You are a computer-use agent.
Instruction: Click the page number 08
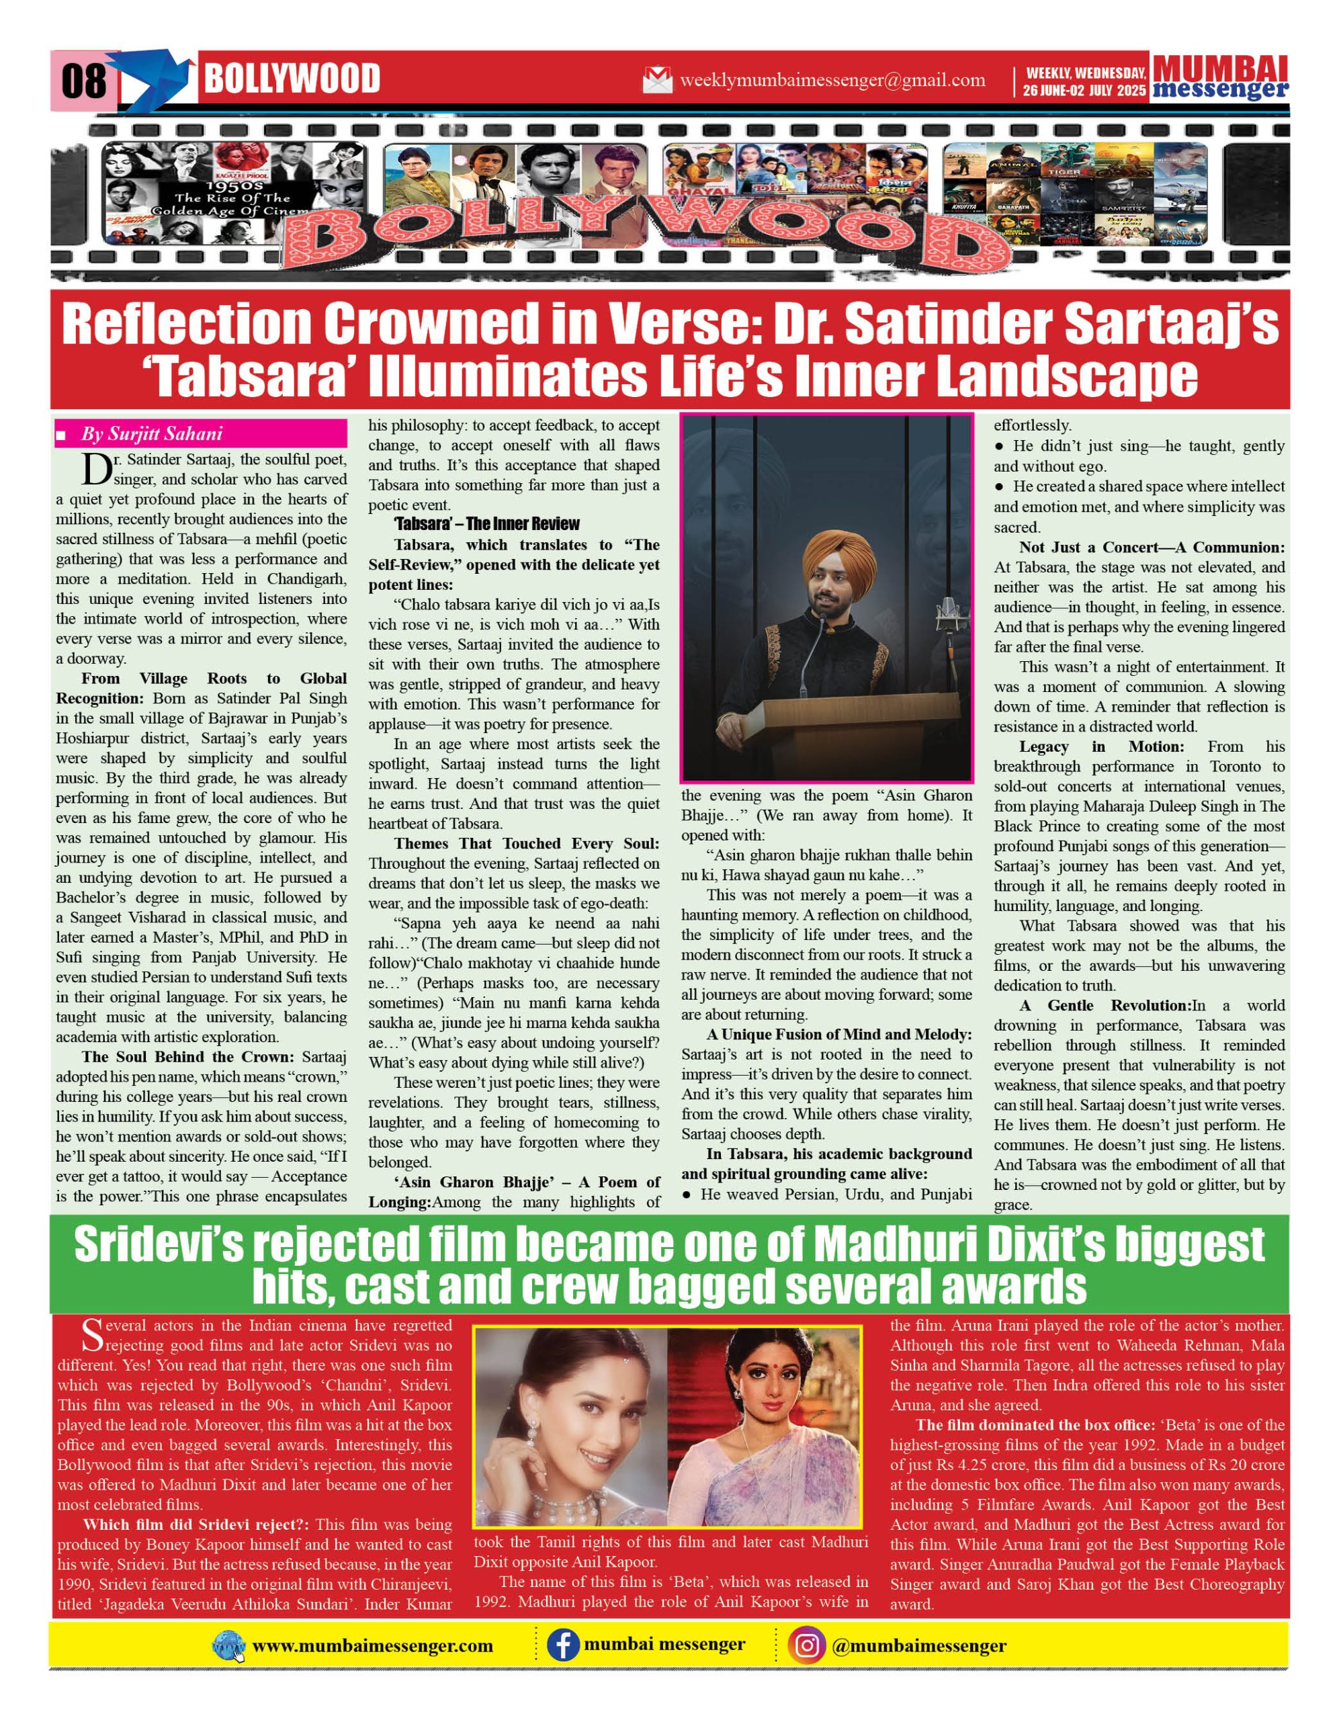pyautogui.click(x=83, y=81)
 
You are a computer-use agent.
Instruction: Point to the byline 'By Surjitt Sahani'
pyautogui.click(x=152, y=434)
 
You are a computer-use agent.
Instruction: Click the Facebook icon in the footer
pyautogui.click(x=563, y=1645)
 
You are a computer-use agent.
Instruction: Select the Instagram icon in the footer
pyautogui.click(x=806, y=1645)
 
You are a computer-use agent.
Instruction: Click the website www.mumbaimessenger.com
pyautogui.click(x=372, y=1646)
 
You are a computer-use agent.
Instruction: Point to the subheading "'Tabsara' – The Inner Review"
pyautogui.click(x=486, y=523)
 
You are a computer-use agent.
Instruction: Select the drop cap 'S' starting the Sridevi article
pyautogui.click(x=92, y=1334)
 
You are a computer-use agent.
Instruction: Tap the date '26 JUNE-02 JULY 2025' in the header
pyautogui.click(x=1084, y=91)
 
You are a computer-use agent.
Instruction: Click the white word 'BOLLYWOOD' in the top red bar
pyautogui.click(x=292, y=79)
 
